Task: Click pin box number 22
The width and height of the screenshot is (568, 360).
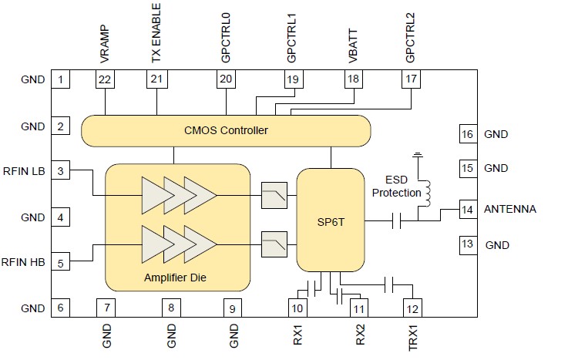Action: [105, 79]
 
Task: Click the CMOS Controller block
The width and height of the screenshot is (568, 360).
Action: [225, 130]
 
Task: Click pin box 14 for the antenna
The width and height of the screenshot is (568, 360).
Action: [466, 209]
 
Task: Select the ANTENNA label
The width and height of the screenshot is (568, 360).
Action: [509, 209]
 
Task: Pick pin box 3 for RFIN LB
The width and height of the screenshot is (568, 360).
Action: [60, 171]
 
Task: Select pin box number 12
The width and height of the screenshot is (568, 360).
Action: [412, 308]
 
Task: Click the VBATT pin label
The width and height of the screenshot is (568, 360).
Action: [353, 46]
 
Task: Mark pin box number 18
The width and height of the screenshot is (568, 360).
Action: [353, 79]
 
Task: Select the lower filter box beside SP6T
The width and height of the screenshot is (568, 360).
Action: [274, 243]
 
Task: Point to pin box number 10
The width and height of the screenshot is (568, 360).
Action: [297, 308]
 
